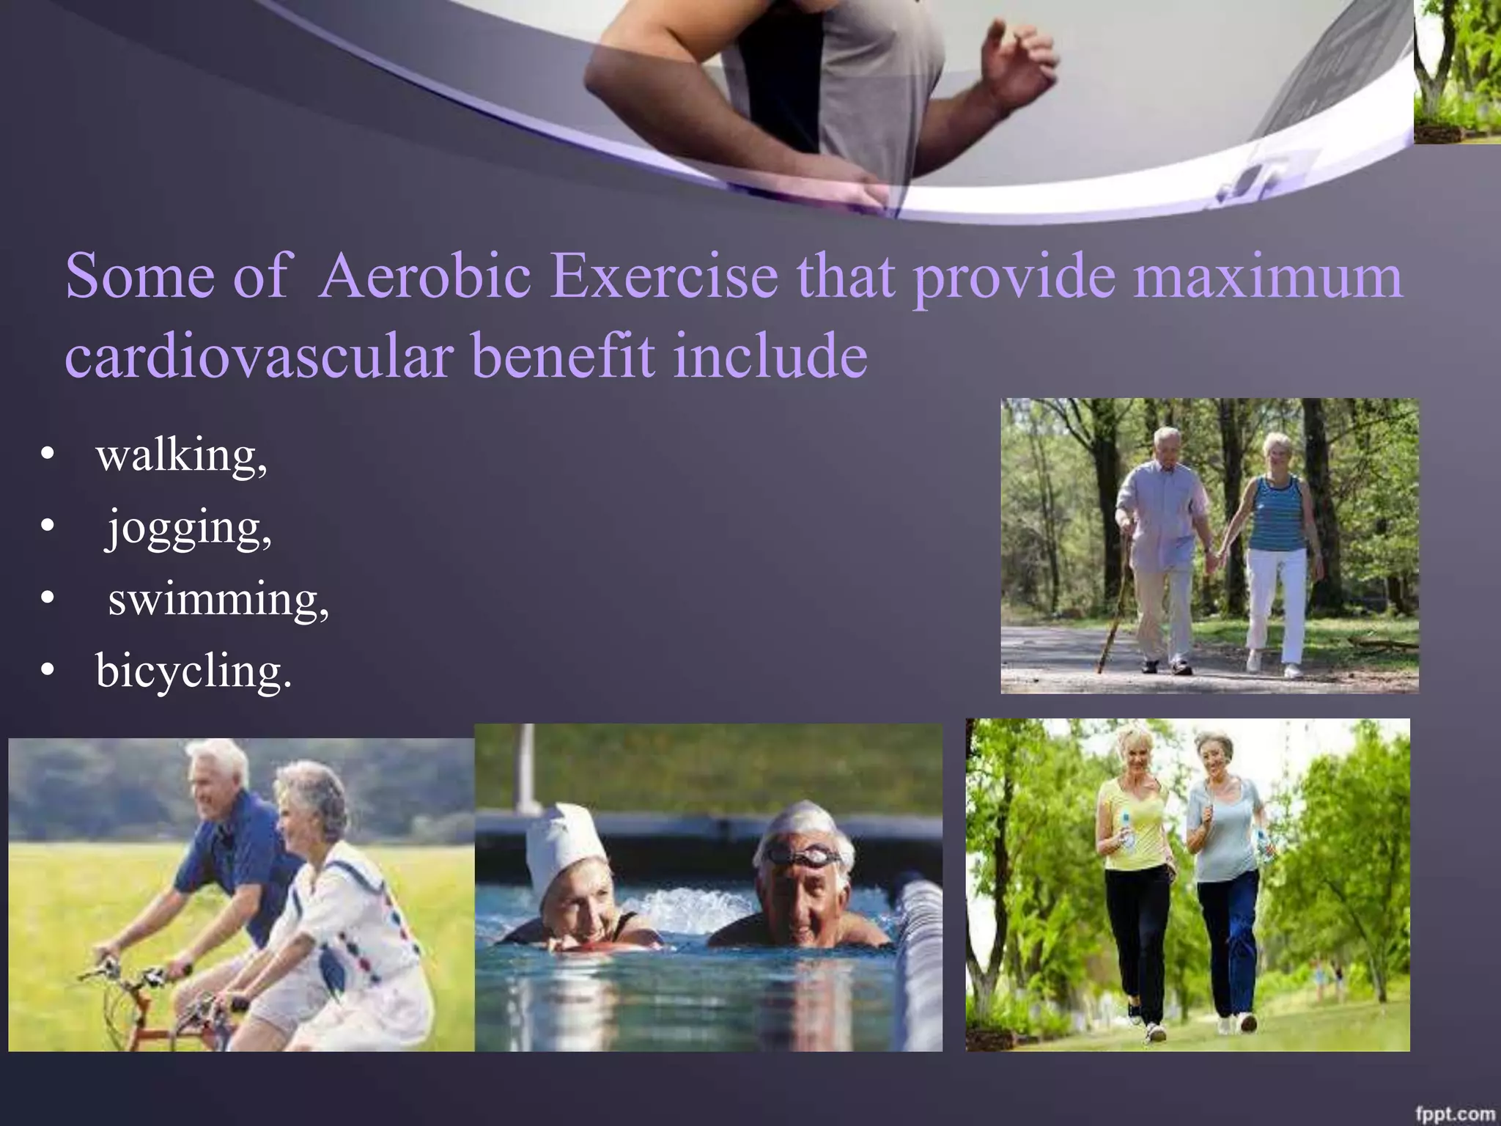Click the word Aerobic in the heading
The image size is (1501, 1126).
click(426, 276)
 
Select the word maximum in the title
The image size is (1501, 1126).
click(1267, 276)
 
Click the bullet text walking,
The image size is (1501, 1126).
click(181, 456)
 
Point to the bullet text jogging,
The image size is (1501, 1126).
click(189, 528)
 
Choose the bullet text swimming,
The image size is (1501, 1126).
click(218, 600)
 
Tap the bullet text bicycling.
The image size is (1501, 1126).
click(193, 671)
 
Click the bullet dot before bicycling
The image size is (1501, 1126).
click(48, 671)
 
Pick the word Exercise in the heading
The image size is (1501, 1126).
click(665, 276)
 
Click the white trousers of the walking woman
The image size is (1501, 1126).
click(1275, 601)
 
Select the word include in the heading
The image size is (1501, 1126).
click(770, 356)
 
